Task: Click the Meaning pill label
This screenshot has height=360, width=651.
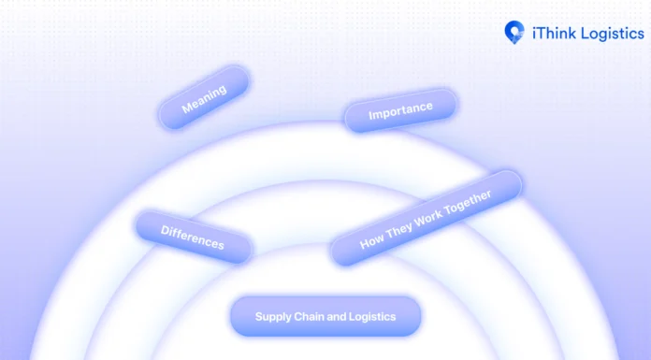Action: [x=203, y=98]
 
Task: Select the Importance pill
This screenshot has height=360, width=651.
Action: [x=400, y=111]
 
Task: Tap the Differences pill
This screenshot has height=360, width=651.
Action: [x=193, y=237]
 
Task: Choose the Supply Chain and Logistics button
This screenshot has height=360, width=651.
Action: [x=325, y=317]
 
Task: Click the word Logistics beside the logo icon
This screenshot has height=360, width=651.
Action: [x=611, y=32]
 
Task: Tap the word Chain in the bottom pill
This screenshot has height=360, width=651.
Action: [x=308, y=317]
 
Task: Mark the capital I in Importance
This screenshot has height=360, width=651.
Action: [x=370, y=117]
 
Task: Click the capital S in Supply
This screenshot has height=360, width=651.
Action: [x=258, y=316]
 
